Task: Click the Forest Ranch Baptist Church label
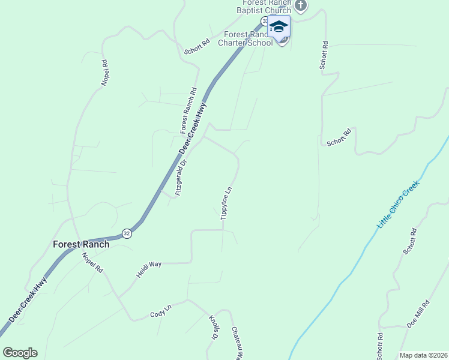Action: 264,6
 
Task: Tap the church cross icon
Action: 301,7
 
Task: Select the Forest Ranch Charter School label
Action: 248,38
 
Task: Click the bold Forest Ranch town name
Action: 81,244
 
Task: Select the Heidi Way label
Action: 149,268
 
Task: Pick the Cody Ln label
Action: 160,311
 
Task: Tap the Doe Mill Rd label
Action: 418,313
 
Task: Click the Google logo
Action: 20,353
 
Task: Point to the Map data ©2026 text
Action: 423,355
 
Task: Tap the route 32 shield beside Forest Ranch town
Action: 126,233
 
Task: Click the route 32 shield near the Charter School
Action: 264,21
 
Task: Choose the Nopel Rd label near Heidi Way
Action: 92,262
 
